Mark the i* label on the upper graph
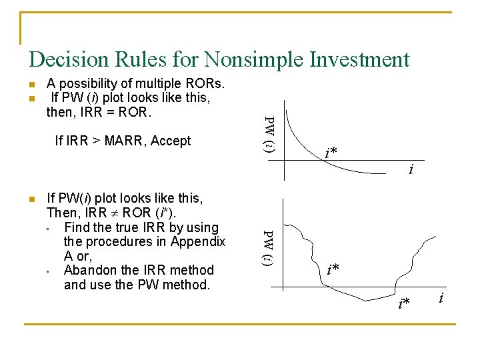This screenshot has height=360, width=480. [331, 153]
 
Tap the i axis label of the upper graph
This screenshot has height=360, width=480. [411, 171]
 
